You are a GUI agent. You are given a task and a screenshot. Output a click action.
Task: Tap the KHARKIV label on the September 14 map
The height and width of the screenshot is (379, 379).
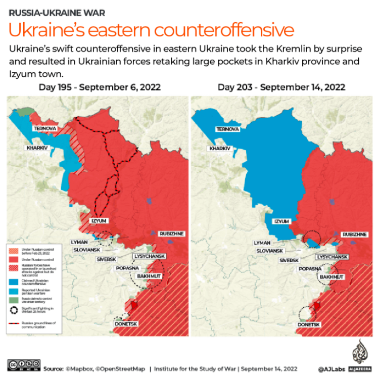tap(220, 149)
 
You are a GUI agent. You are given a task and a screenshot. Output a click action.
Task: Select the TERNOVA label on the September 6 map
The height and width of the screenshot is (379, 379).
tap(44, 129)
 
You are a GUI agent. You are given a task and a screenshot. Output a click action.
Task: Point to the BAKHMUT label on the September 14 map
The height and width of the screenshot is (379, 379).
tap(333, 277)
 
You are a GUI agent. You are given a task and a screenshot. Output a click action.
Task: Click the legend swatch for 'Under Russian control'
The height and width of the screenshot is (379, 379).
tap(15, 260)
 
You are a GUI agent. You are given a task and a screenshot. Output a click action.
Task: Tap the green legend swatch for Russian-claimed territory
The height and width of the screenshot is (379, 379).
tap(15, 300)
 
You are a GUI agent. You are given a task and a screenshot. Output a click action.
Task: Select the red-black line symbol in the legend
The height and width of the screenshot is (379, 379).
tap(15, 324)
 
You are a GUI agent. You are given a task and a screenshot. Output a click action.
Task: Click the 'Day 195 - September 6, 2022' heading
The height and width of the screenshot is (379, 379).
tap(100, 87)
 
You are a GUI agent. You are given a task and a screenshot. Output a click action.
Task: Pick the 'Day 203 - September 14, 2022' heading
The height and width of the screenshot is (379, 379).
tap(281, 87)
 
